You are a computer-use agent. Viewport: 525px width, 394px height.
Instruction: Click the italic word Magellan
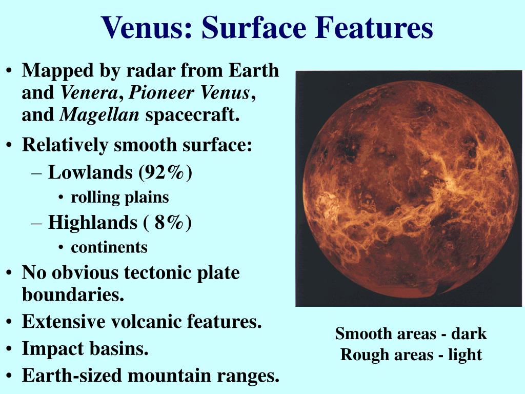pos(99,115)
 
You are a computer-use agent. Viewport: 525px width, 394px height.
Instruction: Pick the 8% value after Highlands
pos(169,223)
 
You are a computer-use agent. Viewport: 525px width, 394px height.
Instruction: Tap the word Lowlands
pos(90,172)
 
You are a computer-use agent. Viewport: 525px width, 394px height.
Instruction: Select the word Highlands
pos(92,223)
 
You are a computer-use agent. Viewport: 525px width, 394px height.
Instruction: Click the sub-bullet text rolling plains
pos(119,197)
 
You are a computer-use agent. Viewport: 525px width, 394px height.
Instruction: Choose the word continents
pos(109,247)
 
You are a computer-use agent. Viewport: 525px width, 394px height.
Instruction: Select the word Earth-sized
pos(72,376)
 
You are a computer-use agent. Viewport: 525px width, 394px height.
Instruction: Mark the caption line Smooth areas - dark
pos(411,334)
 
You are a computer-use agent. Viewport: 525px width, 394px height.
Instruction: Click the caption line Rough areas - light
pos(411,354)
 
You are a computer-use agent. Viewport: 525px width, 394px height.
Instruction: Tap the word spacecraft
pos(192,115)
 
